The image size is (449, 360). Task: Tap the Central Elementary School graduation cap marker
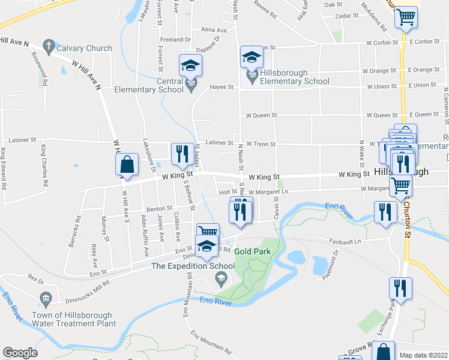pos(191,66)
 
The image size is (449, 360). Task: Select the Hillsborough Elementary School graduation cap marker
pos(252,58)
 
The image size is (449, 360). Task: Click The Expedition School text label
pos(193,266)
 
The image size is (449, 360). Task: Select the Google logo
pos(20,353)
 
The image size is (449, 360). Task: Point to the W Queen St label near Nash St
pos(261,115)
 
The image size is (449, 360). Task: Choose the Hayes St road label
pos(221,87)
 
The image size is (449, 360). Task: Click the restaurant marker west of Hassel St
pos(180,154)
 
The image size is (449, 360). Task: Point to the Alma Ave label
pos(214,30)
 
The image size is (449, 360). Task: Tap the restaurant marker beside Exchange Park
pos(400,288)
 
